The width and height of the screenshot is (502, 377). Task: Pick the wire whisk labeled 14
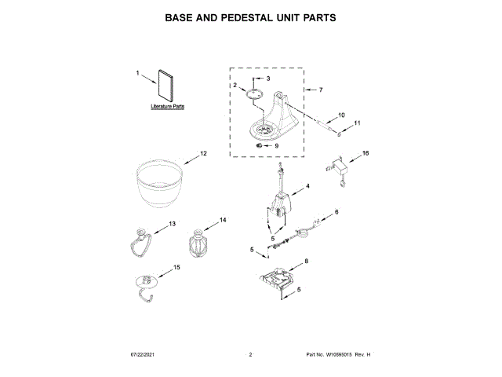198,243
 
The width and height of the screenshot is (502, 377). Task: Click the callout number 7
320,90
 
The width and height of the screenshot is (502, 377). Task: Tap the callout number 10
341,115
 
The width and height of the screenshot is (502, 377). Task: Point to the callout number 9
275,145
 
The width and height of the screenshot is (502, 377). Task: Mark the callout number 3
267,79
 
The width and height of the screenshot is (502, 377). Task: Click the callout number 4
307,186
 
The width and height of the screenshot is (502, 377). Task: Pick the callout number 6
336,212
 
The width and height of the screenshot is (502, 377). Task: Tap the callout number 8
307,261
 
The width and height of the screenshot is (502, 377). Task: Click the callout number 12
203,153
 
